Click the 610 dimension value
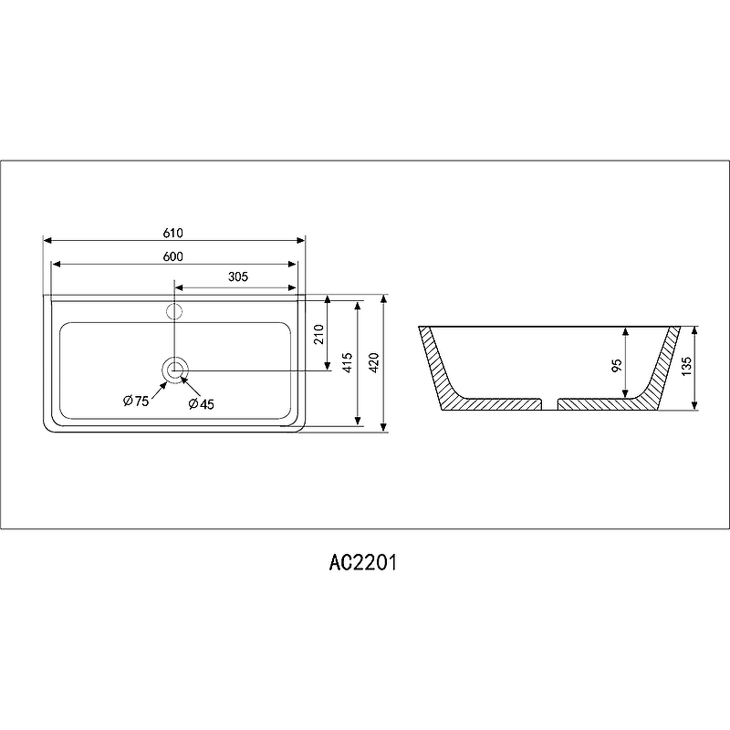coord(173,232)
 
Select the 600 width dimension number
coord(173,256)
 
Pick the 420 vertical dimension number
coord(374,362)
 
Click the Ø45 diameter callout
coord(201,404)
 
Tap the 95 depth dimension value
coord(617,365)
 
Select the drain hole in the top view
coord(175,370)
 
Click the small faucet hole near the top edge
coord(175,310)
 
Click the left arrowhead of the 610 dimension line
coord(47,241)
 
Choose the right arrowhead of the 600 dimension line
coord(294,265)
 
